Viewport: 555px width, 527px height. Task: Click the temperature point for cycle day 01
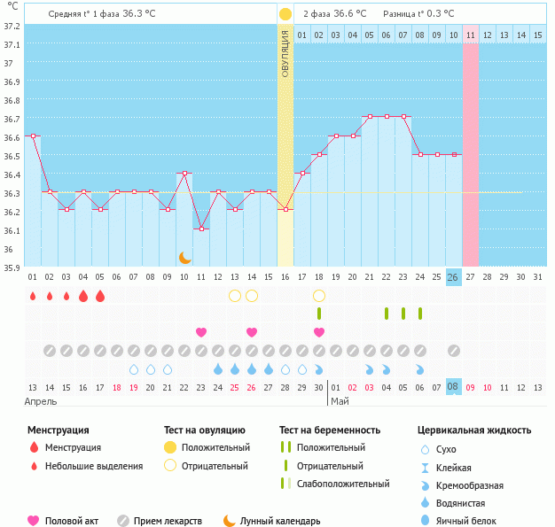tap(33, 136)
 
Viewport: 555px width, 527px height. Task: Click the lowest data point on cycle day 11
tap(201, 229)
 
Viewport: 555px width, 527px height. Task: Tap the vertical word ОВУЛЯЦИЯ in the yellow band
tap(285, 52)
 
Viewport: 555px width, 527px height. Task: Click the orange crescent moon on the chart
tap(184, 257)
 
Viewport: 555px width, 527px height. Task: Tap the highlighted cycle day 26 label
tap(453, 276)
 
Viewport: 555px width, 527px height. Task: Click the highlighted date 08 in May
tap(453, 386)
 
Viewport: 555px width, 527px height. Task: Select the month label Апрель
tap(40, 401)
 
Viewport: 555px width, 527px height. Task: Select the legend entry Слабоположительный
tap(343, 484)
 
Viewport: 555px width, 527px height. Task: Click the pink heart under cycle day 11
tap(201, 332)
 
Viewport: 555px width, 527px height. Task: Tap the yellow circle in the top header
tap(285, 14)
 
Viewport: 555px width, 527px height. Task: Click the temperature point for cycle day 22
tap(386, 117)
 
